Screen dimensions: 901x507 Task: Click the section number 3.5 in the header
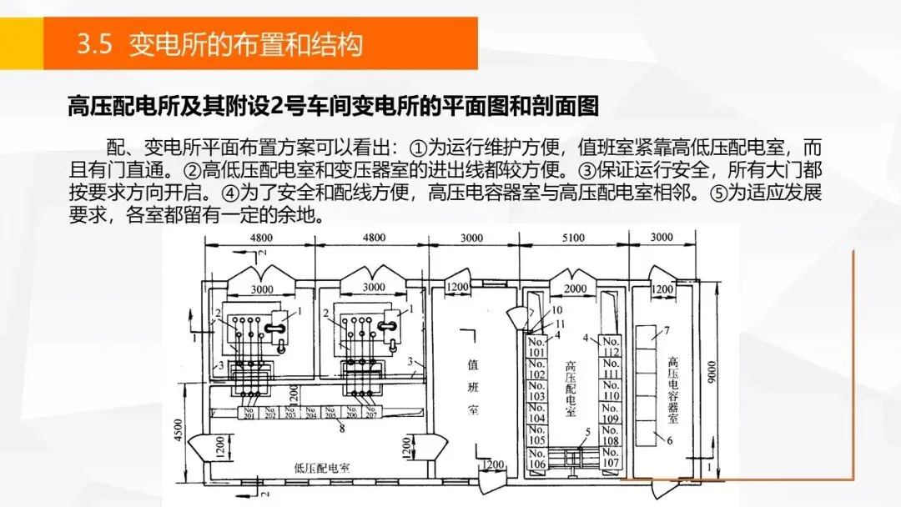click(x=94, y=43)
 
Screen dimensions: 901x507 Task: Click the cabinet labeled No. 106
click(x=536, y=459)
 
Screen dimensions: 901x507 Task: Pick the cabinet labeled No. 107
click(x=612, y=459)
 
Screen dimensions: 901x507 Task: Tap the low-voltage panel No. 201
click(x=248, y=414)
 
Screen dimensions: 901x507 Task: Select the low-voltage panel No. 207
click(x=370, y=414)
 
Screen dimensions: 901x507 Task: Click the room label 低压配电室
click(x=322, y=468)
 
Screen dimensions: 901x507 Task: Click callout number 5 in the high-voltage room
click(x=588, y=431)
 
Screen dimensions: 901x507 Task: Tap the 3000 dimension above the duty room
click(x=471, y=238)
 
